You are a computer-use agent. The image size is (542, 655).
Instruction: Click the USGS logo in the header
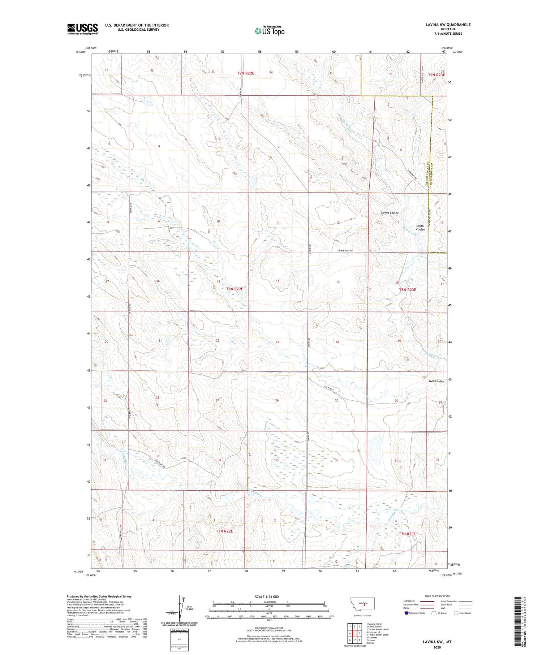pos(82,29)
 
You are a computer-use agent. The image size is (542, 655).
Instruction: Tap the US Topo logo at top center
pos(270,31)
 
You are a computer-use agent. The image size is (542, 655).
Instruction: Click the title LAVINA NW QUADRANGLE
pos(448,25)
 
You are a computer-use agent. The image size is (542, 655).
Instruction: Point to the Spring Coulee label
pos(390,213)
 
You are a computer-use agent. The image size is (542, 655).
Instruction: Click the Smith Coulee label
pos(420,228)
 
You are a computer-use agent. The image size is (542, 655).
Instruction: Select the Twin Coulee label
pos(436,381)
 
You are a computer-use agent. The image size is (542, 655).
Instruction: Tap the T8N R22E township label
pos(235,289)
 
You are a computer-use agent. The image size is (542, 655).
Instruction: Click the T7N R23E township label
pos(407,534)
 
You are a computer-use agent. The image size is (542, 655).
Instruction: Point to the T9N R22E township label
pos(246,73)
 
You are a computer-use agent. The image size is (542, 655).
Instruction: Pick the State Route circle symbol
pos(456,613)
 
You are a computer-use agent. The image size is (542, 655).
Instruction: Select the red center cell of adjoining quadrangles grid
pos(355,633)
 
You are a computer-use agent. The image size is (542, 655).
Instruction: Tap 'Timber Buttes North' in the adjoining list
pos(378,629)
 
